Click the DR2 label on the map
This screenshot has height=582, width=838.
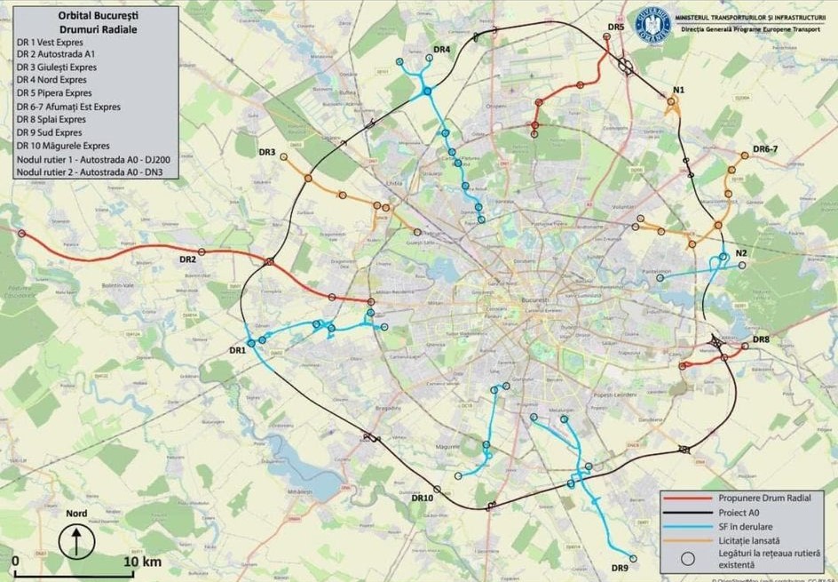187,259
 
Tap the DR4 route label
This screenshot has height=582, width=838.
441,49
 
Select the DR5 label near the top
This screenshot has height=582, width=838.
616,28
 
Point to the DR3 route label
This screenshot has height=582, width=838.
267,152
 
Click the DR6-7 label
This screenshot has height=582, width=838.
764,148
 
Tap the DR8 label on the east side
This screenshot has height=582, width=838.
761,340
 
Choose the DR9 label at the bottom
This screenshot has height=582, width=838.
620,568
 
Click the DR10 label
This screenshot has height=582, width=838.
422,498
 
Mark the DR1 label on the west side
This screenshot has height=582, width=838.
237,350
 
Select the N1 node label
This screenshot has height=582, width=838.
679,90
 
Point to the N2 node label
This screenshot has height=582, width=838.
741,253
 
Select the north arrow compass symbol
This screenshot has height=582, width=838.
76,539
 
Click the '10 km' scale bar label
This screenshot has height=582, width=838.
142,562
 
